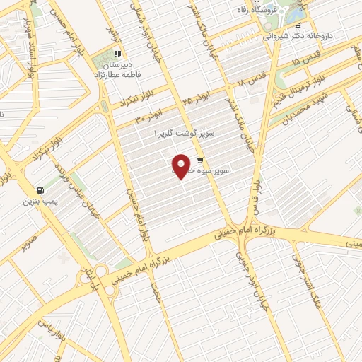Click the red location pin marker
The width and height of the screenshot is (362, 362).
pyautogui.click(x=182, y=165)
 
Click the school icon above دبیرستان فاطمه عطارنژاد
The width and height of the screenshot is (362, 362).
pyautogui.click(x=118, y=53)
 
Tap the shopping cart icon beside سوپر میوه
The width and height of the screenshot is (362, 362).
pyautogui.click(x=200, y=160)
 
